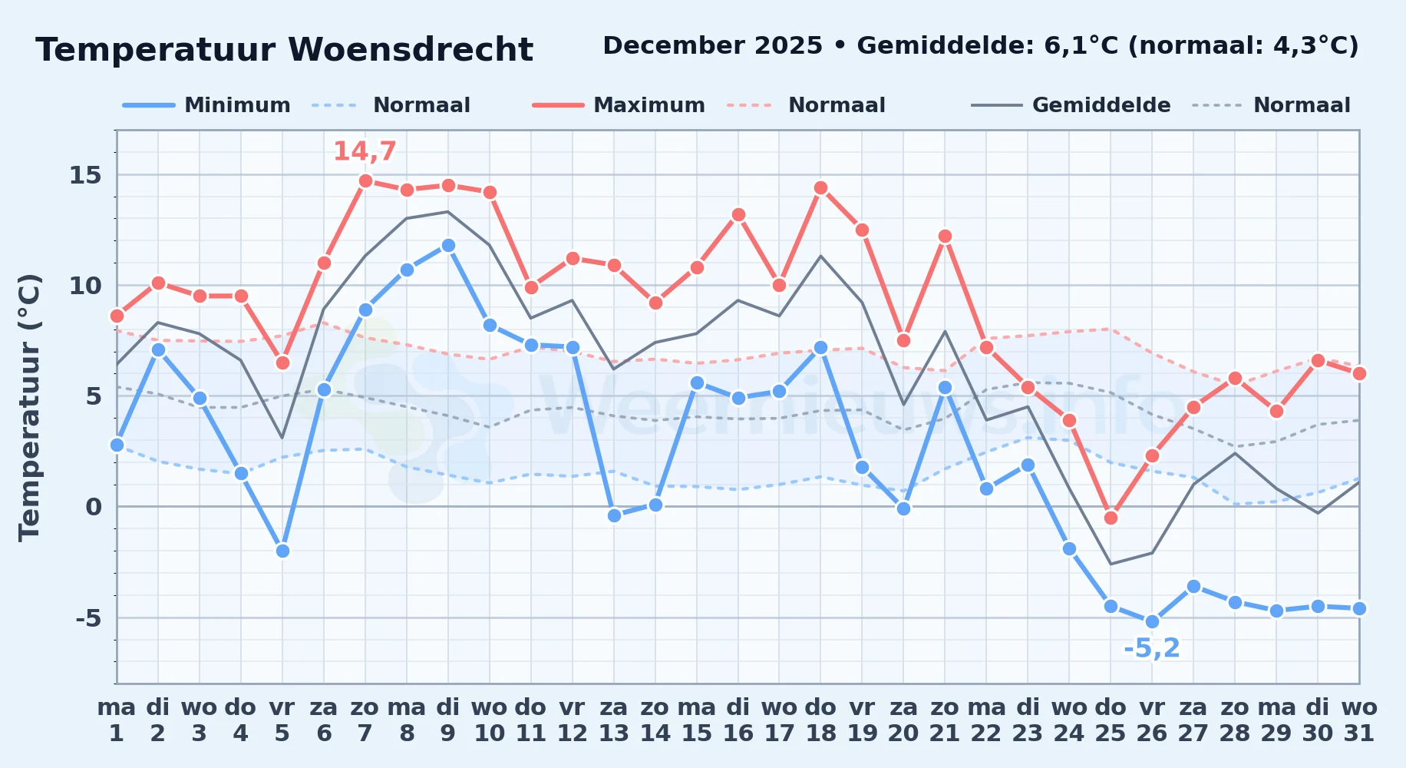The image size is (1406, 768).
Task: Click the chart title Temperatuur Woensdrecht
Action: click(284, 50)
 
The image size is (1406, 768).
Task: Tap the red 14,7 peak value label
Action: click(365, 151)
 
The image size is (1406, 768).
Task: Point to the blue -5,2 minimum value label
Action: click(1151, 648)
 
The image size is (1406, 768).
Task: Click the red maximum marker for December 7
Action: click(365, 181)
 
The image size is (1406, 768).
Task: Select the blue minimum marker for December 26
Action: click(1152, 622)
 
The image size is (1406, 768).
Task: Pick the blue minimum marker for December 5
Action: click(282, 551)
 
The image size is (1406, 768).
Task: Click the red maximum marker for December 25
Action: click(1111, 518)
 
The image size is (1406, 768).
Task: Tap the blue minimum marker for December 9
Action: click(448, 246)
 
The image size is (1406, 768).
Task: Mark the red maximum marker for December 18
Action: click(820, 188)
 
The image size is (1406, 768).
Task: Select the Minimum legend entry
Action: click(207, 105)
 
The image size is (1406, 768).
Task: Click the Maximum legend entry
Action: click(619, 105)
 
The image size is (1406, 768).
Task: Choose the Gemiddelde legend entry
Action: click(1071, 105)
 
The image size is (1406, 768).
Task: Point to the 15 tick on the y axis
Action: click(85, 175)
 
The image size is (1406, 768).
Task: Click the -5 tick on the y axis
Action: click(88, 617)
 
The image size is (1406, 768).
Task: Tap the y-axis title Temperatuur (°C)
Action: click(29, 407)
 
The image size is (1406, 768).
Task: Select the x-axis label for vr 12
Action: click(572, 720)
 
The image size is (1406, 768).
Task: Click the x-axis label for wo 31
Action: click(1359, 720)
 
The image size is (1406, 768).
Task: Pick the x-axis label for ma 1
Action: click(117, 720)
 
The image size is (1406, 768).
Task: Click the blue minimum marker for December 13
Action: click(614, 515)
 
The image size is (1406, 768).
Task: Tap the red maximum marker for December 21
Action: click(945, 237)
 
